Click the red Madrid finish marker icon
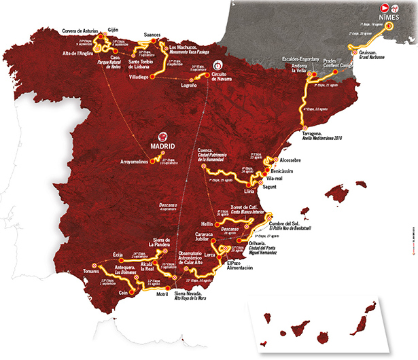(162, 134)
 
